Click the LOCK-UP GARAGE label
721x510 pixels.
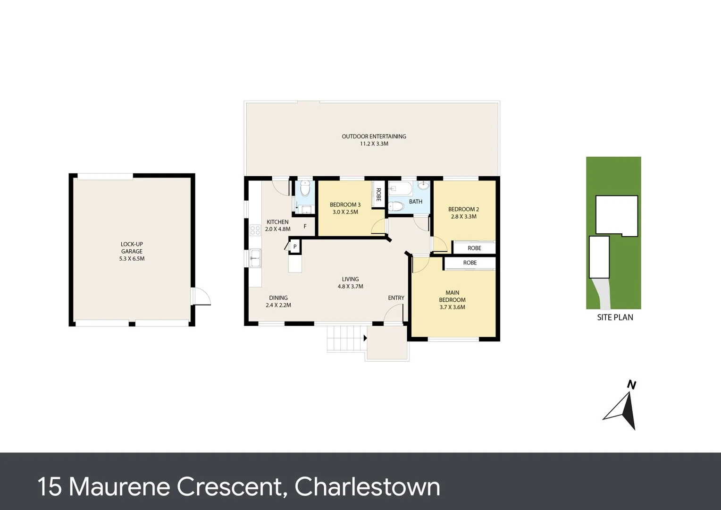click(x=132, y=248)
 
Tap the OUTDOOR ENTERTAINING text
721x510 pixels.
click(x=374, y=136)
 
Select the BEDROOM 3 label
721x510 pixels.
click(x=345, y=205)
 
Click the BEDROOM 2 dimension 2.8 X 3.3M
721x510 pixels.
click(x=463, y=217)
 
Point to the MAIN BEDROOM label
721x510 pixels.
click(x=452, y=296)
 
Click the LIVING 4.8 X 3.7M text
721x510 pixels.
click(x=350, y=283)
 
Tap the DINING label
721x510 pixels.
click(x=278, y=298)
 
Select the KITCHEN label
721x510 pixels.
click(x=277, y=222)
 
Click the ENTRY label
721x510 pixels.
click(x=396, y=298)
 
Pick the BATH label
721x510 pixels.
click(x=415, y=202)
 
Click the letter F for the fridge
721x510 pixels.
click(x=305, y=227)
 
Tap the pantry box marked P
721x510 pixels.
click(x=295, y=246)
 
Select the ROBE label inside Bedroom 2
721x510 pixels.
click(x=474, y=248)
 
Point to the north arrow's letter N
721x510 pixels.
click(x=631, y=385)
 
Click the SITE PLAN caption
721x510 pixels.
click(x=615, y=317)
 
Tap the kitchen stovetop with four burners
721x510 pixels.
click(x=255, y=230)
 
